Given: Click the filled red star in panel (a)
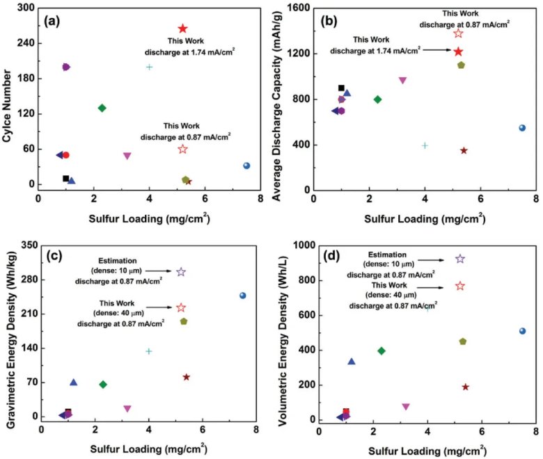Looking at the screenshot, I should coord(182,29).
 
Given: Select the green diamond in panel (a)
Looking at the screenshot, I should coord(102,108).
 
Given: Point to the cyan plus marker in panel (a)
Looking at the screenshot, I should coord(149,67).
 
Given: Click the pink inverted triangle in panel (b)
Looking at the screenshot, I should coord(402,80).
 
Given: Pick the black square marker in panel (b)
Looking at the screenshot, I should coord(341,88).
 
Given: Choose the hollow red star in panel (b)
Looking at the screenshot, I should coord(458,33).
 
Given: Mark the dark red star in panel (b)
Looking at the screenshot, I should coord(464,150).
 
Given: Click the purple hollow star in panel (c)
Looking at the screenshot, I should coord(181,272).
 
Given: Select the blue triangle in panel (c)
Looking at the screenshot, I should coord(73,382).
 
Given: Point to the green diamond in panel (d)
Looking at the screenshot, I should coord(381,351).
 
